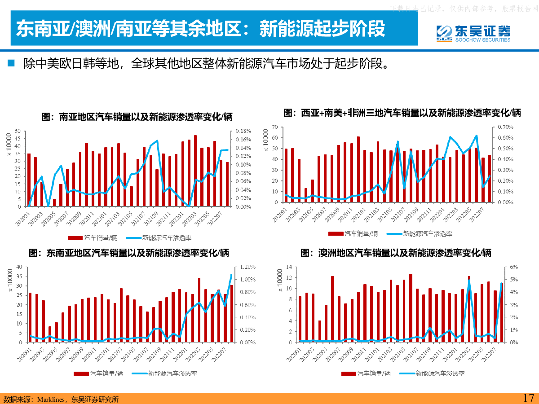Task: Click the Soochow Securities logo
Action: pos(473,33)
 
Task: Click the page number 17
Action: pos(528,398)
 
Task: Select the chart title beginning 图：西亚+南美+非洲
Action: pos(402,113)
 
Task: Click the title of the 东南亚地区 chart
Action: pos(129,253)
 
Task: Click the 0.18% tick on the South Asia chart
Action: pos(243,131)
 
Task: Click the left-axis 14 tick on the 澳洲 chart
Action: pos(289,267)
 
